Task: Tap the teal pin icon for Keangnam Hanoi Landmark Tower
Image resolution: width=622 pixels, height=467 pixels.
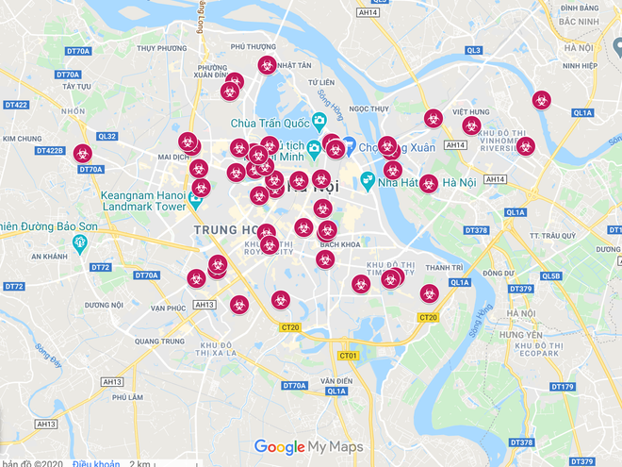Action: point(196,200)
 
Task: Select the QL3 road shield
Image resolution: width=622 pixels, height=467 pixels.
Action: point(474,50)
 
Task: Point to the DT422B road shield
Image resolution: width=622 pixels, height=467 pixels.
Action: point(49,151)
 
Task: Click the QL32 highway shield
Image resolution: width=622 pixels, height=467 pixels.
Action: point(106,136)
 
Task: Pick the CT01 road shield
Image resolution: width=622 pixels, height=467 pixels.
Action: point(349,356)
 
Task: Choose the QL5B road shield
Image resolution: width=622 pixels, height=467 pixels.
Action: point(551,276)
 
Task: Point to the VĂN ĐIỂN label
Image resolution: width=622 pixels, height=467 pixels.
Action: point(336,380)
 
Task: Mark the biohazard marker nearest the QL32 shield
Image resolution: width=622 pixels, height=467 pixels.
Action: point(83,153)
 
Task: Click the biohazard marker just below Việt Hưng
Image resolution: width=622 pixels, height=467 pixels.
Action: point(471,125)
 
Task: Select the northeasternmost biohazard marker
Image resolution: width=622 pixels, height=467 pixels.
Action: point(541,99)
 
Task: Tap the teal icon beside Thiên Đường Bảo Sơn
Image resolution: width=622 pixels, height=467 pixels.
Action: point(80,244)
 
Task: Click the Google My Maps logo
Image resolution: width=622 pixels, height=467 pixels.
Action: point(309,447)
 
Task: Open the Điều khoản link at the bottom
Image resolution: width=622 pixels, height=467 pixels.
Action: point(95,463)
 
